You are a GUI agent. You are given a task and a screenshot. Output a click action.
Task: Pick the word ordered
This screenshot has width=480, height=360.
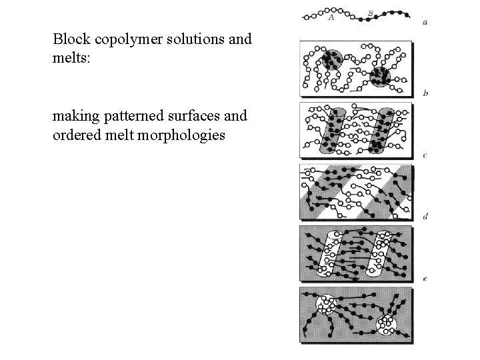75,135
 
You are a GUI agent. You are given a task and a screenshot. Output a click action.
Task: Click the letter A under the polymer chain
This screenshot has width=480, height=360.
331,19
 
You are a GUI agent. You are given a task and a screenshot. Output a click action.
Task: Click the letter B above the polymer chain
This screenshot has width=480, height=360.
371,13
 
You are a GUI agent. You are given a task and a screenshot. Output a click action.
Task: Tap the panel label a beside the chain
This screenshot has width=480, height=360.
425,23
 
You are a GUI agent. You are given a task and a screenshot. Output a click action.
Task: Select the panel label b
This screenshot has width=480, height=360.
425,93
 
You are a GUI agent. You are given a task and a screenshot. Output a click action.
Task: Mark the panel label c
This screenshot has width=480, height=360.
425,155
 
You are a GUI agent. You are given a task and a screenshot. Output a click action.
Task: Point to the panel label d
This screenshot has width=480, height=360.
425,217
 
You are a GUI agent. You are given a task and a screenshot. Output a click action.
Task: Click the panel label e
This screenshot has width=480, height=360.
425,278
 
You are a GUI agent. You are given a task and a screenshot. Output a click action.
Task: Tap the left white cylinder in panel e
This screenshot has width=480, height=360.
333,254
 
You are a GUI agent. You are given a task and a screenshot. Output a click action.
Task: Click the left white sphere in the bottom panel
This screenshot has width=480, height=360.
326,305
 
